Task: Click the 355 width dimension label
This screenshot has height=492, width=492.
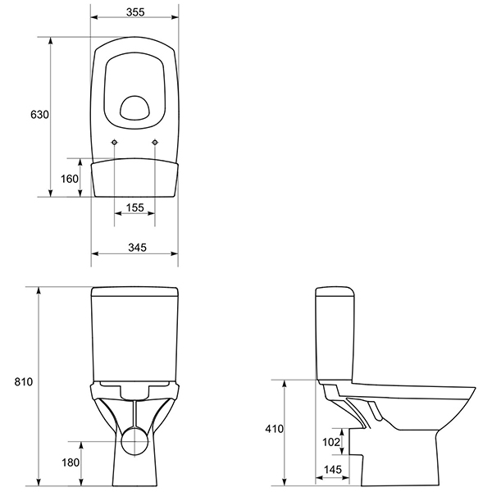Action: [135, 12]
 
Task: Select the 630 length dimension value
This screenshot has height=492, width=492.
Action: [39, 115]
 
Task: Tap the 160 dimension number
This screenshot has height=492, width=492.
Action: [70, 179]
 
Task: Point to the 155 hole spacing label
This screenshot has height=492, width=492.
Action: [135, 207]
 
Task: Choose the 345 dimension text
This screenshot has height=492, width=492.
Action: [137, 248]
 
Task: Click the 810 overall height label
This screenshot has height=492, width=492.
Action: [24, 381]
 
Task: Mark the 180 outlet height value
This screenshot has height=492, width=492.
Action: [71, 462]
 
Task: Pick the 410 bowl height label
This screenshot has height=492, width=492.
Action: [274, 429]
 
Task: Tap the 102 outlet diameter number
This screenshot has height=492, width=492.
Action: [331, 442]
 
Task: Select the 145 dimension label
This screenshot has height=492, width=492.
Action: [333, 469]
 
